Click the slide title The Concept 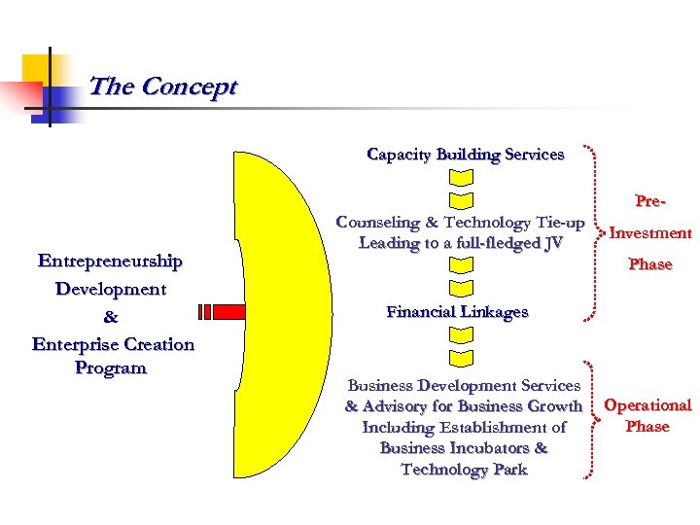(162, 87)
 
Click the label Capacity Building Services (465, 155)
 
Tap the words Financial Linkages (457, 312)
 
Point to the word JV (552, 243)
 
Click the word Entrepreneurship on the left (110, 262)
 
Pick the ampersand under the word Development (110, 317)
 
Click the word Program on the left (110, 368)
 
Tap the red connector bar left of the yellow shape (220, 312)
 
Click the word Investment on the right (650, 233)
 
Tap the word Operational (647, 405)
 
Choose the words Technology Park (464, 471)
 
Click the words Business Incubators (464, 449)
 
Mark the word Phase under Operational (647, 427)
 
